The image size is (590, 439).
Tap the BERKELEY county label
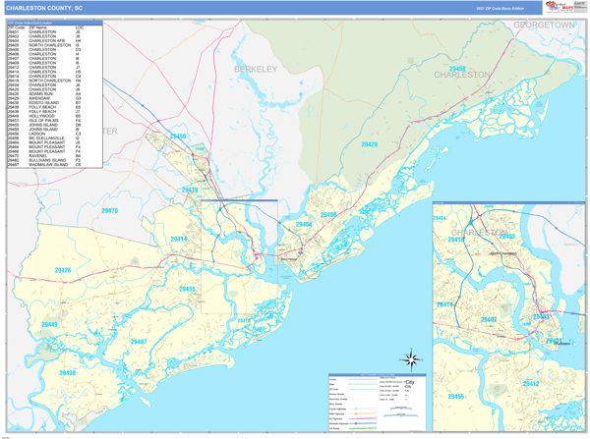[x=256, y=69]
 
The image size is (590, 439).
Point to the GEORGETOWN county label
[x=544, y=24]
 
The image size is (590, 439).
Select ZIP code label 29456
[x=177, y=137]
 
